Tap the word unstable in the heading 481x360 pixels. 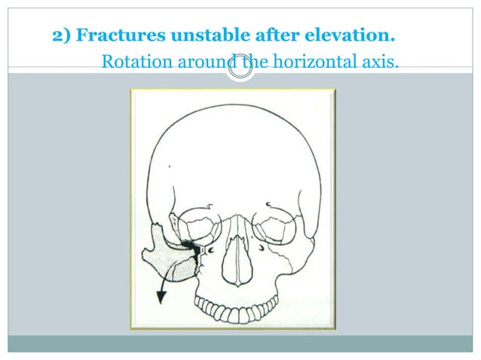(x=200, y=35)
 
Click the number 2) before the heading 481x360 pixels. (x=62, y=35)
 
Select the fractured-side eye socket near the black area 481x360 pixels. (x=202, y=226)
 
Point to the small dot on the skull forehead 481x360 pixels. (x=170, y=166)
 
